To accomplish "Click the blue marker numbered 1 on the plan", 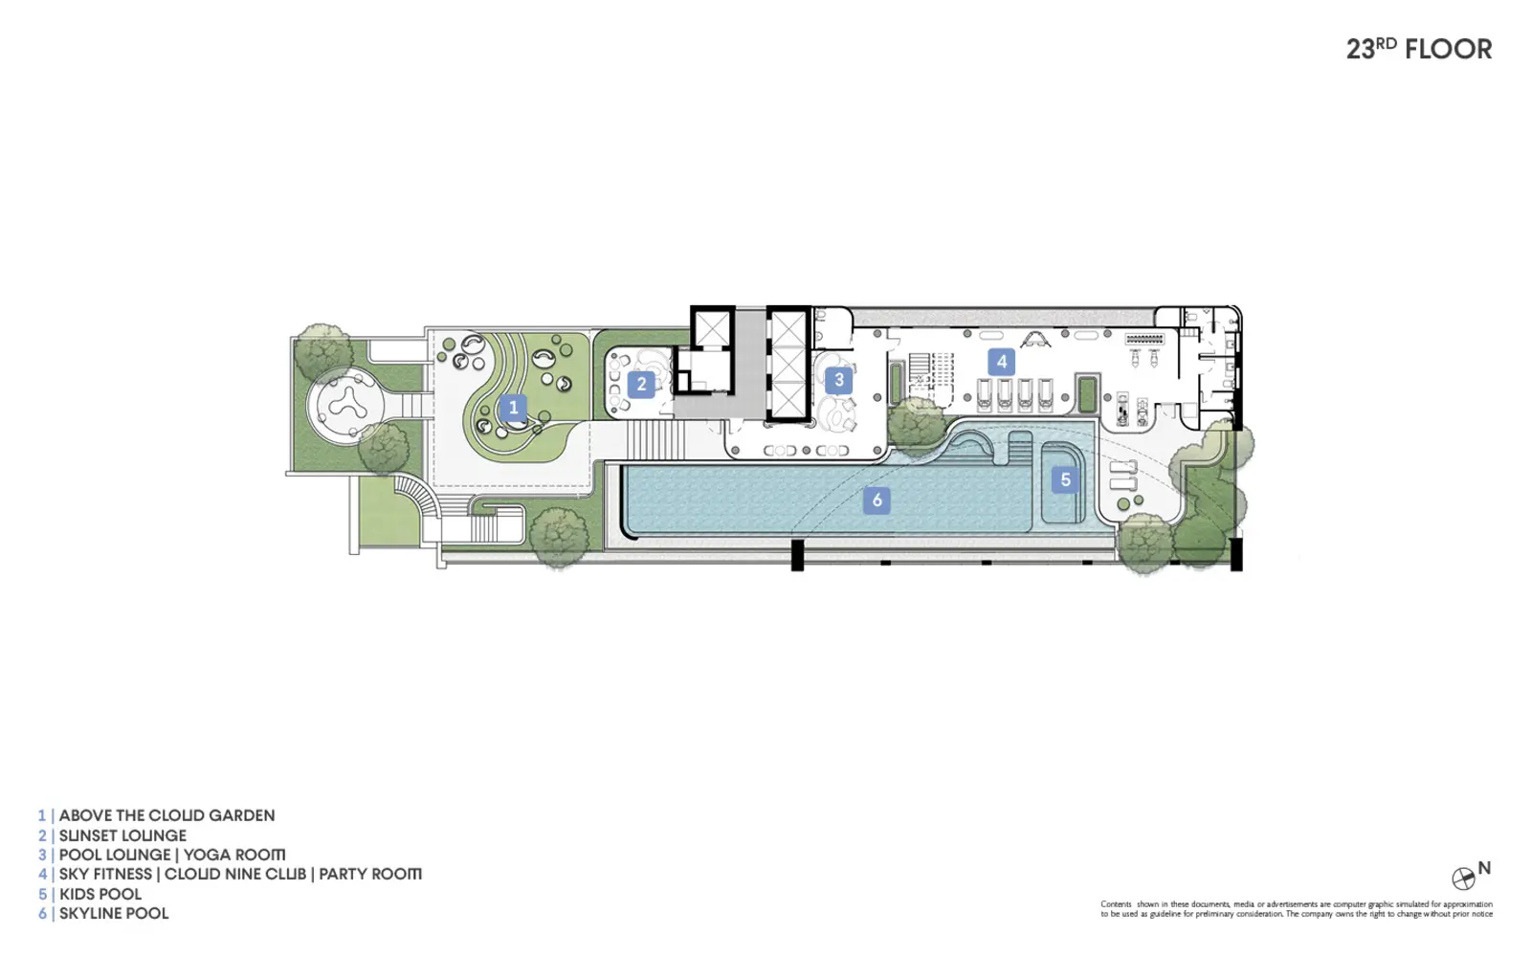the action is (513, 408).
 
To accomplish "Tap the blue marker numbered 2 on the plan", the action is (641, 384).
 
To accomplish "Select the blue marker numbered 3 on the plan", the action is (838, 380).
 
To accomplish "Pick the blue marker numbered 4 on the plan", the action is (1001, 362).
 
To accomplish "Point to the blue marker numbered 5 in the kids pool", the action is (1065, 479).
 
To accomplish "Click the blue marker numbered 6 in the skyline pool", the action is (876, 501).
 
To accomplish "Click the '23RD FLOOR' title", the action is (1419, 49).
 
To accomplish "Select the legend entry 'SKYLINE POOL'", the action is (114, 913).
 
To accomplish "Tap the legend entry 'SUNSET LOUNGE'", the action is (122, 835).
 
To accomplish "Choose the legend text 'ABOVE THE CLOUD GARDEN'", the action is (166, 815).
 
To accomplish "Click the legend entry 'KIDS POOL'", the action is (100, 894).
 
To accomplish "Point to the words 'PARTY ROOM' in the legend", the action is (369, 875).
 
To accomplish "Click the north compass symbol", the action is (1463, 879).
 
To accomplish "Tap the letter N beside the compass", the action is (1484, 868).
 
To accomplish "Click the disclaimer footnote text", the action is (1297, 909).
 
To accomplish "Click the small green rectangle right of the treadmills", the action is (1086, 394).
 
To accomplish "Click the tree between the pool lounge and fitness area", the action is (917, 425).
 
